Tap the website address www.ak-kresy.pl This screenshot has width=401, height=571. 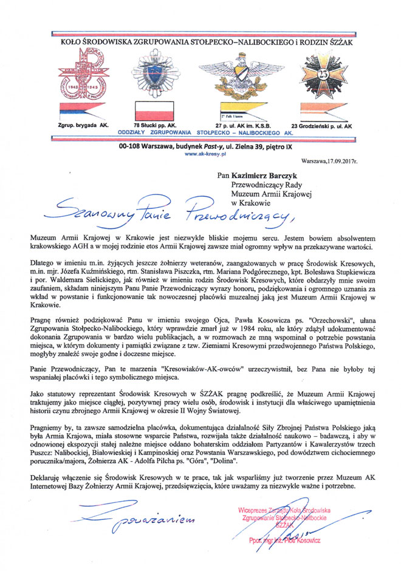[201, 155]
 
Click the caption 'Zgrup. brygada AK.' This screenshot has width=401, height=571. [80, 126]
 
